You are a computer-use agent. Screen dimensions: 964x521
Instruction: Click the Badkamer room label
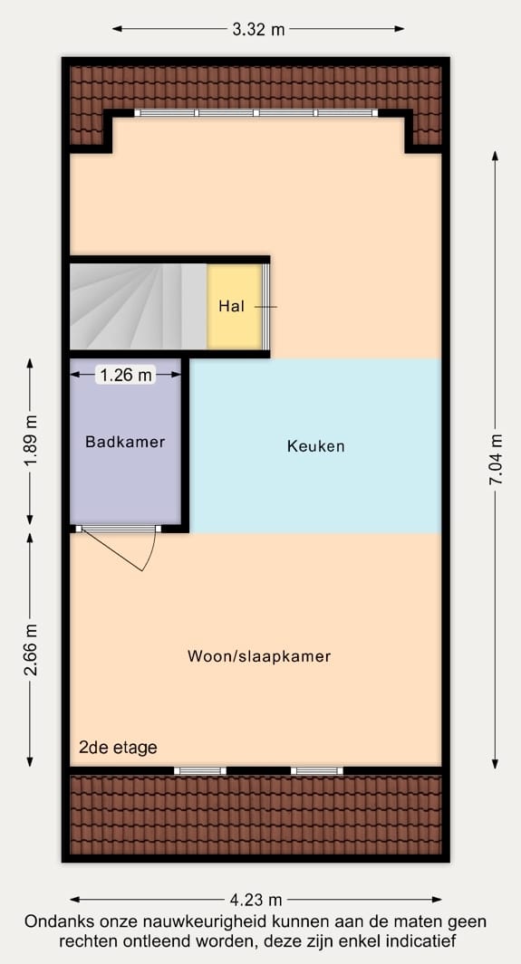click(x=125, y=442)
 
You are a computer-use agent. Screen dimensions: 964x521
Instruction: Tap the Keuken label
click(x=315, y=446)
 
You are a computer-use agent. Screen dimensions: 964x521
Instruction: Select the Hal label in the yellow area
click(x=231, y=306)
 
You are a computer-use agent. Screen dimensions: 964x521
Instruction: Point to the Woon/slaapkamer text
click(x=259, y=656)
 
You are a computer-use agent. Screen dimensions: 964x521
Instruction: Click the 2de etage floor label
click(x=117, y=748)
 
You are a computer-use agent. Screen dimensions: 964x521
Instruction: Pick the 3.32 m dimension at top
click(x=258, y=29)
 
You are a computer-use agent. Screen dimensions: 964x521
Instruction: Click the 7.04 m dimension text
click(x=496, y=460)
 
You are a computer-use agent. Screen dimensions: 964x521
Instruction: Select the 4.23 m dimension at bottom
click(x=256, y=900)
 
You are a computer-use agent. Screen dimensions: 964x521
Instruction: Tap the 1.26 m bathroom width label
click(x=126, y=375)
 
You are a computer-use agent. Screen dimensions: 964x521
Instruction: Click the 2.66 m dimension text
click(x=31, y=649)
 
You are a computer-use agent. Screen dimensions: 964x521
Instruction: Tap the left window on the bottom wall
click(x=199, y=770)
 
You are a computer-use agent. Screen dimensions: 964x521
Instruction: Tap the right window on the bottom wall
click(x=317, y=770)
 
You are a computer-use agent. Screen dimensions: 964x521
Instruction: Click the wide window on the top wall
click(x=256, y=113)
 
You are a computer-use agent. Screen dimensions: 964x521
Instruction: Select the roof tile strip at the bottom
click(x=256, y=815)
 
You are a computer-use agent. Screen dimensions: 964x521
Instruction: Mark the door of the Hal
click(x=266, y=307)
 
